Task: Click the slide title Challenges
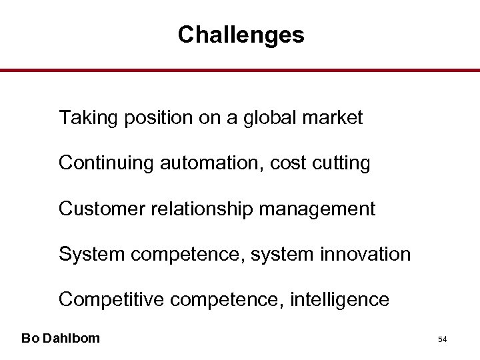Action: pos(241,35)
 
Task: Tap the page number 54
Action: pos(442,339)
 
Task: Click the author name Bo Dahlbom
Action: pos(61,338)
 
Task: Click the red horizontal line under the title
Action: pos(240,70)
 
